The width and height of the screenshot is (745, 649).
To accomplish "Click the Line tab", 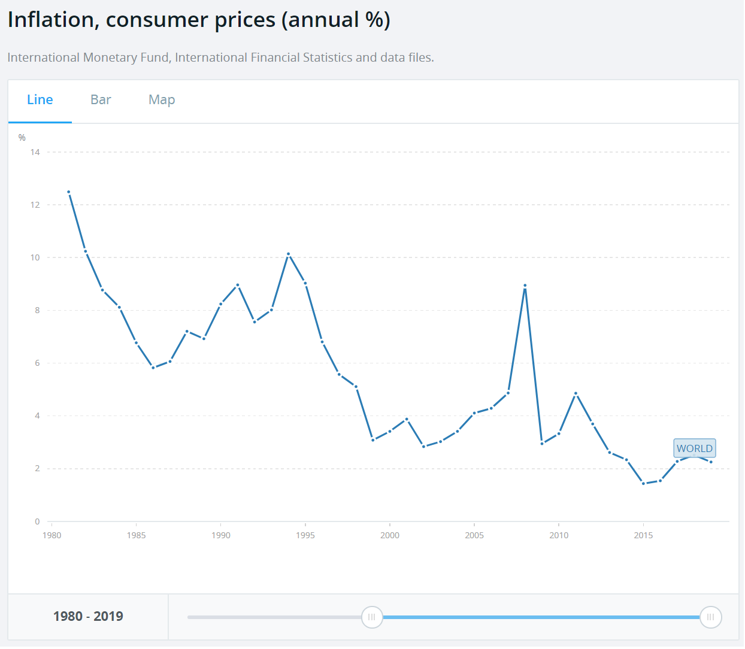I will [40, 100].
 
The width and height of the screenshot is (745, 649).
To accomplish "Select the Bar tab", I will [101, 100].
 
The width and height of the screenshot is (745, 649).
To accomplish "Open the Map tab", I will [162, 100].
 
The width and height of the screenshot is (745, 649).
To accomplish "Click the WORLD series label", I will [695, 448].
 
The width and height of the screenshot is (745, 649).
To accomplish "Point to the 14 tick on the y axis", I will [35, 152].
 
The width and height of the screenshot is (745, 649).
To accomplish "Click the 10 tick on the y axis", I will [35, 257].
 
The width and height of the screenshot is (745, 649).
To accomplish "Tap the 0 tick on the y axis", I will [37, 521].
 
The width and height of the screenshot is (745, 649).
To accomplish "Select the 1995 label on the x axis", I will [305, 535].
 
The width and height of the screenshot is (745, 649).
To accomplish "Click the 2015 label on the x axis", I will [643, 535].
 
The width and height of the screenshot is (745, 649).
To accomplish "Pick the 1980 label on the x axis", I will [52, 535].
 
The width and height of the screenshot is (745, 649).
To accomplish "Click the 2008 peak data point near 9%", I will [525, 286].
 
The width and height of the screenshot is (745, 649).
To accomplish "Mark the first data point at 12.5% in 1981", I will [69, 192].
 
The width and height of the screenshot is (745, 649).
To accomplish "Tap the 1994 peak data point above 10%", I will [289, 254].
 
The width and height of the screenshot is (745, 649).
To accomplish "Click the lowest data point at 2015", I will [644, 483].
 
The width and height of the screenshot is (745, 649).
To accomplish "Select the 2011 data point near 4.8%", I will [576, 393].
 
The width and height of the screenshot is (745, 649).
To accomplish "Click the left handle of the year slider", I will [372, 617].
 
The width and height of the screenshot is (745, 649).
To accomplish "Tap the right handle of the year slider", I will [711, 617].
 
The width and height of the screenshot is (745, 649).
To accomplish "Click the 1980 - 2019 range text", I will [88, 617].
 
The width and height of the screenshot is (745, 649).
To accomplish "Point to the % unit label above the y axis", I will [22, 138].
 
